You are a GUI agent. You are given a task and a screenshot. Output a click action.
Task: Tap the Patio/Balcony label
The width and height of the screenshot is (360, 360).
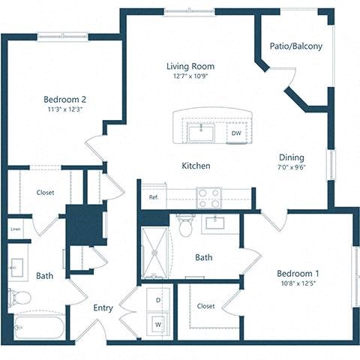(x=295, y=46)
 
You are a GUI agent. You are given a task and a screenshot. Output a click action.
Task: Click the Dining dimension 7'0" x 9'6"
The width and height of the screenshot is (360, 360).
(x=292, y=169)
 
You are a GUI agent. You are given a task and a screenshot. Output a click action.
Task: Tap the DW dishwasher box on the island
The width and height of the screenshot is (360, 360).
(x=236, y=133)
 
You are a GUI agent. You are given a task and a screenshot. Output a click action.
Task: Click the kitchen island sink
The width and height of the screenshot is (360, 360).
(x=201, y=133)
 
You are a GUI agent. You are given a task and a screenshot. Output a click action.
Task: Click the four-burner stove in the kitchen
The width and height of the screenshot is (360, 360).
(x=208, y=197)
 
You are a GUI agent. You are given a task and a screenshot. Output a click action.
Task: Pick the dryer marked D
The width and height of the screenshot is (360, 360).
(x=158, y=300)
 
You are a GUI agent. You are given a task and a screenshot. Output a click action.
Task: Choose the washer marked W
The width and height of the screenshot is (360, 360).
(x=158, y=324)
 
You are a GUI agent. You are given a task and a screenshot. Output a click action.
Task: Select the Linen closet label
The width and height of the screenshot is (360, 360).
(x=16, y=229)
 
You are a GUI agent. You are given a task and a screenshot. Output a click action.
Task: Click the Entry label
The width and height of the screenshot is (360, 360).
(x=103, y=307)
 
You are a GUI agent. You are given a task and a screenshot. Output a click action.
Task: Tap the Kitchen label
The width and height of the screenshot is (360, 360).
(x=195, y=166)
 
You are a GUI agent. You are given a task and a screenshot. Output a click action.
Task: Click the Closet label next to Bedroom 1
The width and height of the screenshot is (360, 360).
(x=205, y=306)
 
